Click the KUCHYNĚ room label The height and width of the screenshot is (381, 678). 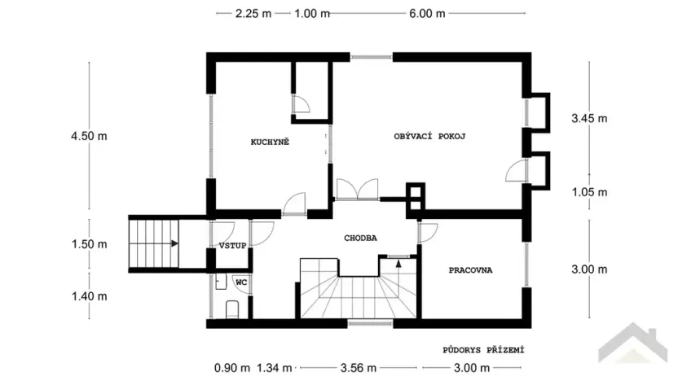click(x=270, y=142)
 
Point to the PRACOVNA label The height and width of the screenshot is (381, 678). click(x=471, y=270)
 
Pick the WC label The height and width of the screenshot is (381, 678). click(x=241, y=282)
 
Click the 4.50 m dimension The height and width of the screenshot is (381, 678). click(x=89, y=136)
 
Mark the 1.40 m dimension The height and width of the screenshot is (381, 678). click(x=89, y=296)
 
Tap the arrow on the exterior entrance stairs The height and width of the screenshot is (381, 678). click(x=174, y=243)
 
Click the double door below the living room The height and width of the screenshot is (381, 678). click(x=356, y=190)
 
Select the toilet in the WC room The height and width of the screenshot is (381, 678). click(x=231, y=309)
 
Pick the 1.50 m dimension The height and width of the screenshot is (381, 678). click(x=89, y=244)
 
